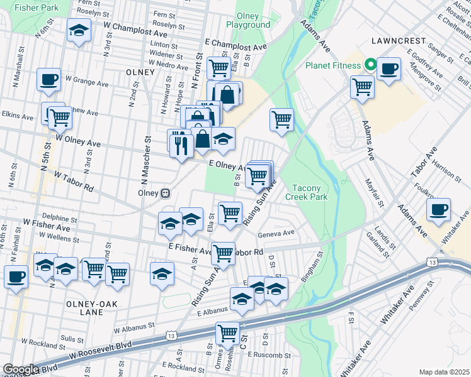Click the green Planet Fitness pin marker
point(372,65)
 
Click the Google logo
point(20,369)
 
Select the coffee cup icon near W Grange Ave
point(48,80)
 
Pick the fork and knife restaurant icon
point(180,145)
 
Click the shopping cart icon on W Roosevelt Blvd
point(227,333)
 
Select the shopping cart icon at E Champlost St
point(218,67)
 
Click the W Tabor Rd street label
point(74,180)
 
